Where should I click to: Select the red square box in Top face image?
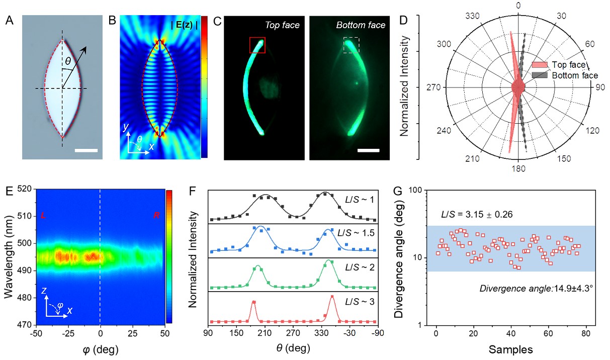(257, 45)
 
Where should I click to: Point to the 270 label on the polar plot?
(433, 87)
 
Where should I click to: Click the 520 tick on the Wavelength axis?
(26, 189)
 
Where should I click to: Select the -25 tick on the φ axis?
(68, 334)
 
